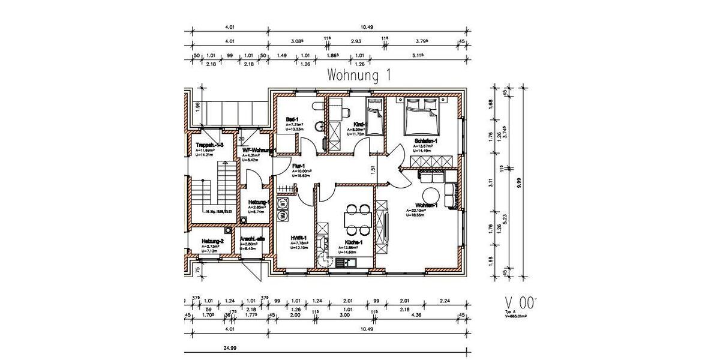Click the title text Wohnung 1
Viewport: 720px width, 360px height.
click(x=359, y=76)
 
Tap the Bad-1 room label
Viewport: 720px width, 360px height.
click(x=293, y=120)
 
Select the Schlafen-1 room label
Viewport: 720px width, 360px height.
click(x=426, y=141)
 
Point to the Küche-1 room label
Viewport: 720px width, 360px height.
click(x=352, y=242)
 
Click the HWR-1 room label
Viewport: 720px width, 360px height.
click(x=298, y=238)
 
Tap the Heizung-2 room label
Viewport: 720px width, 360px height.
click(x=212, y=241)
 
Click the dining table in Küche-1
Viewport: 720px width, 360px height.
click(x=356, y=219)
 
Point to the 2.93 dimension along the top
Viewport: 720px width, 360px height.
click(x=356, y=42)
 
